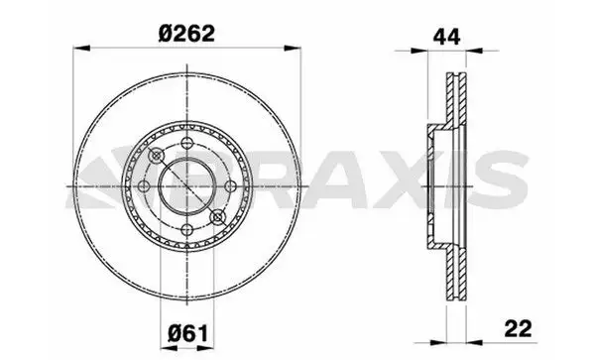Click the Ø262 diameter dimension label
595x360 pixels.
[x=186, y=34]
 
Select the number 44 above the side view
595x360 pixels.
[x=446, y=37]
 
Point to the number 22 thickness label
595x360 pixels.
[x=518, y=328]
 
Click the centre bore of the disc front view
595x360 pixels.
[x=187, y=186]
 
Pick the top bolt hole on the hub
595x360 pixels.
[x=187, y=144]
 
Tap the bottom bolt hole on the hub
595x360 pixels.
[x=187, y=229]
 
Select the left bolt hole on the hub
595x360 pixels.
[x=144, y=186]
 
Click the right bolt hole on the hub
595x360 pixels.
[x=230, y=186]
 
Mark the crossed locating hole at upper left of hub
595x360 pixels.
[x=157, y=156]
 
